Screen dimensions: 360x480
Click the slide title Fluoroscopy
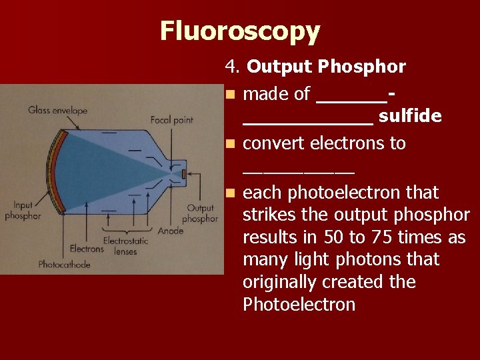pos(240,31)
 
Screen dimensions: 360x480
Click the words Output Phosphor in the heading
pos(326,67)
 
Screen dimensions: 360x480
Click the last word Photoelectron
pos(299,305)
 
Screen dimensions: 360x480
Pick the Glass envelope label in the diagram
pos(58,110)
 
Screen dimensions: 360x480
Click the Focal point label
pos(172,120)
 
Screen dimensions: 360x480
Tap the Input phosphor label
pos(23,211)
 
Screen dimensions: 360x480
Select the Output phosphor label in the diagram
pos(200,213)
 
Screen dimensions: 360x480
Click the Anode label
pos(171,231)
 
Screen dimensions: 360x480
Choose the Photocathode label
pos(64,265)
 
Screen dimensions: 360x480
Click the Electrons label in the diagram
pos(87,249)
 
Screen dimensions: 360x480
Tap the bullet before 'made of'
pos(230,95)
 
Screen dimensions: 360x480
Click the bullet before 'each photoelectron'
pos(230,193)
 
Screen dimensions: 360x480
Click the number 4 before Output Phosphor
pos(231,67)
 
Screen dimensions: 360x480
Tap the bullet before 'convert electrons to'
pos(230,144)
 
